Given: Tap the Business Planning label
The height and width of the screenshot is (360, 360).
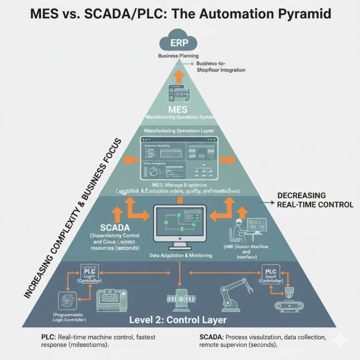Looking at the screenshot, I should click(x=179, y=56).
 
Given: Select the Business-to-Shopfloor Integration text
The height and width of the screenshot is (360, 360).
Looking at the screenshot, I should click(x=220, y=67).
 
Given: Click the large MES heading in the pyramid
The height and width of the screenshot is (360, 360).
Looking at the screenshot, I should click(x=180, y=110).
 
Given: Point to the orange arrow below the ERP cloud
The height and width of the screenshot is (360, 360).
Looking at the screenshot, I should click(x=180, y=75).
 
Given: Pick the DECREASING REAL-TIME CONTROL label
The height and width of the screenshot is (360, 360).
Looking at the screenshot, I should click(x=315, y=200).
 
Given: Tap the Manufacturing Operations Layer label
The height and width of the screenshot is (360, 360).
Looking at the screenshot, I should click(x=179, y=131).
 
